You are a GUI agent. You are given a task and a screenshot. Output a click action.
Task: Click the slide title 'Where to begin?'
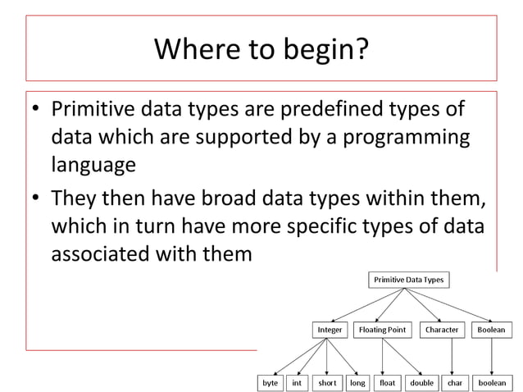click(261, 51)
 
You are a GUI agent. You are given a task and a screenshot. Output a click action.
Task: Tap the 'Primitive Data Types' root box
click(408, 280)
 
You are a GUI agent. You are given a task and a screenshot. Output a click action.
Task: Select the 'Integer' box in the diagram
click(329, 330)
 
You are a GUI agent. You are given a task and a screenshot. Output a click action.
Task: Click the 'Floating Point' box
click(382, 330)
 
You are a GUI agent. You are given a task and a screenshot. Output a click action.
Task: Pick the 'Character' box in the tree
click(442, 330)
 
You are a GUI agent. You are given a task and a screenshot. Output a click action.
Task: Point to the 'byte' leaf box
click(269, 382)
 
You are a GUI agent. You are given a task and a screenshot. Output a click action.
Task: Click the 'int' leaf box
click(297, 382)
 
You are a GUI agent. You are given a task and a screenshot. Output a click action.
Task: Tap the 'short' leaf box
click(327, 382)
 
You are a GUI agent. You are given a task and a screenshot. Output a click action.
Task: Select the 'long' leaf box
click(357, 382)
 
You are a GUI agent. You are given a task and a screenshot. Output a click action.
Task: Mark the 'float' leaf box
click(387, 382)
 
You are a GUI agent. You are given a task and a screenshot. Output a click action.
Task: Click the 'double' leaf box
click(421, 382)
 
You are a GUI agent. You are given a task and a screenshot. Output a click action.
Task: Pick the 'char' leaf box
click(454, 382)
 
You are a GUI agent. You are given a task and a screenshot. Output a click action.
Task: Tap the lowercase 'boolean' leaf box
click(492, 382)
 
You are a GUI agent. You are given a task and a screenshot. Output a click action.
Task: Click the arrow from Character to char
click(452, 356)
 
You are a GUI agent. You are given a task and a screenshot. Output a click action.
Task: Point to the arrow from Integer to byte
click(299, 356)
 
